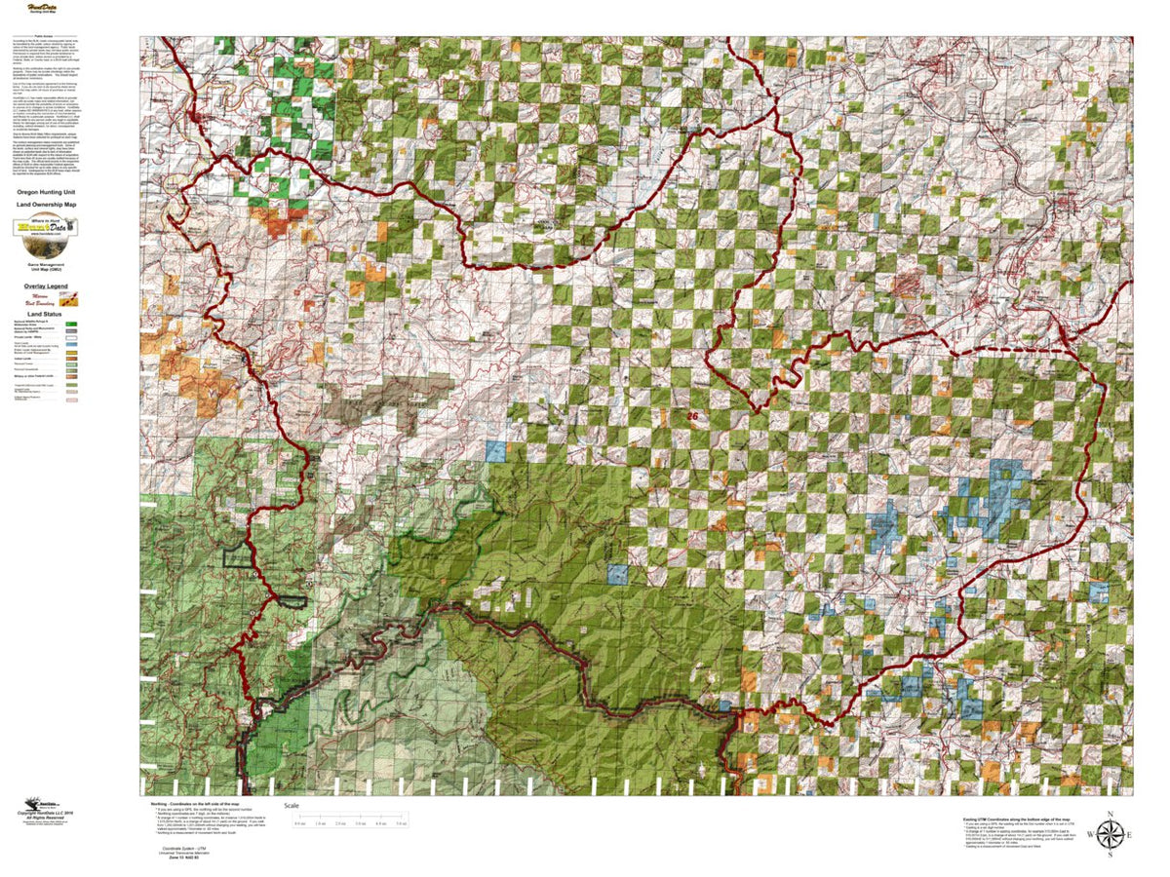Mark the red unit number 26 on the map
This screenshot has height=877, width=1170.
[x=692, y=416]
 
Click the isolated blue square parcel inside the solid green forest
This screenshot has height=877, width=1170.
[x=616, y=574]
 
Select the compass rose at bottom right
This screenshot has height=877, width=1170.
[x=1110, y=834]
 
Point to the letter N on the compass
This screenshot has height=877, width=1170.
[x=1110, y=814]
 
